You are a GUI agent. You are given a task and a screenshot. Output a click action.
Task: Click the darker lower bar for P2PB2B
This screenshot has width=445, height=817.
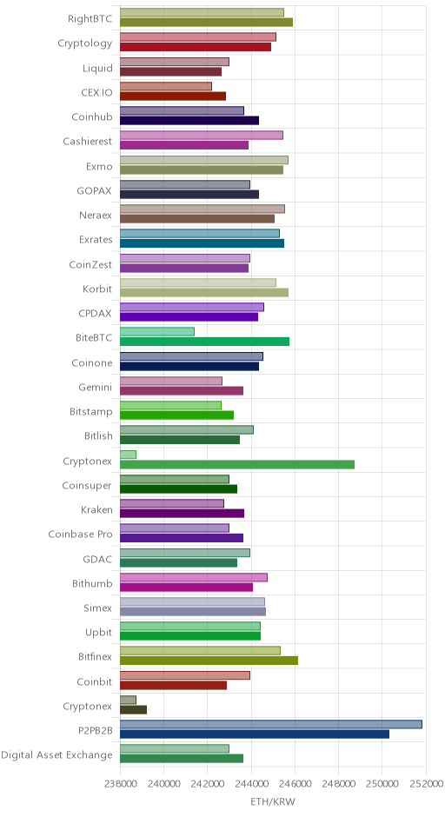tap(255, 734)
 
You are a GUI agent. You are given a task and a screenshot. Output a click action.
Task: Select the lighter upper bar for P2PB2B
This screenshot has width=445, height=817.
tap(271, 724)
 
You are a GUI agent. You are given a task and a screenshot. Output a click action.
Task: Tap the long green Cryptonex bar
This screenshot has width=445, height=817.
tap(237, 464)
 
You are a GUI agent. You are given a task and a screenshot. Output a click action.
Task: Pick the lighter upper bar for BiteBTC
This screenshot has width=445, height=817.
tap(156, 331)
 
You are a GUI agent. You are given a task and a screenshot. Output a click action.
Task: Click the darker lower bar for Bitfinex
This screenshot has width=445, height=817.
tap(209, 661)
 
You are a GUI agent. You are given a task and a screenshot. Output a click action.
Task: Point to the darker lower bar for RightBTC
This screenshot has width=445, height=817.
tap(206, 22)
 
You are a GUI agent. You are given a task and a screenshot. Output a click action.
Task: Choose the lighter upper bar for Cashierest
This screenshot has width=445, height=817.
tap(201, 135)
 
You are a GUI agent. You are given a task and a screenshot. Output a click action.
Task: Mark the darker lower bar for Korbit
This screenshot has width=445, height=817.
tap(203, 292)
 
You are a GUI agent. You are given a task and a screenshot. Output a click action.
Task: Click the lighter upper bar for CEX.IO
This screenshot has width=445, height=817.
tap(166, 86)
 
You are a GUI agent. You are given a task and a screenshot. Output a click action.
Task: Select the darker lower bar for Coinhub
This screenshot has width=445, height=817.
tap(189, 120)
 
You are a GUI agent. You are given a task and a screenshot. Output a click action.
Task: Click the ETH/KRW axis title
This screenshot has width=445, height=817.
tap(273, 802)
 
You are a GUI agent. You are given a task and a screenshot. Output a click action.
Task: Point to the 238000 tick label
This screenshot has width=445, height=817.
tap(120, 785)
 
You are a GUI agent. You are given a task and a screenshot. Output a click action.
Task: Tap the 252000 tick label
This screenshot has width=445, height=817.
tap(426, 785)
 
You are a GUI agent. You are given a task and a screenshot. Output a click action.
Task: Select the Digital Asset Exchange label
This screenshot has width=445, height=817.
tap(56, 755)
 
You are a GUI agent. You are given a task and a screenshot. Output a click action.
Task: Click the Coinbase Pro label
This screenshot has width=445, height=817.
tap(80, 534)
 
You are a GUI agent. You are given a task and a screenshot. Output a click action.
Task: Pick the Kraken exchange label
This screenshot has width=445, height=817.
tap(96, 509)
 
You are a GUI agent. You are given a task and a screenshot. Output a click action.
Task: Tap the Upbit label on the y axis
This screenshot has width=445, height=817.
tap(98, 633)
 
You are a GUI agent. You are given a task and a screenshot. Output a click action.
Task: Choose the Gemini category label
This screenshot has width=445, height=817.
tap(96, 387)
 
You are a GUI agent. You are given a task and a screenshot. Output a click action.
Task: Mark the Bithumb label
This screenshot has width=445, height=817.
tap(92, 583)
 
